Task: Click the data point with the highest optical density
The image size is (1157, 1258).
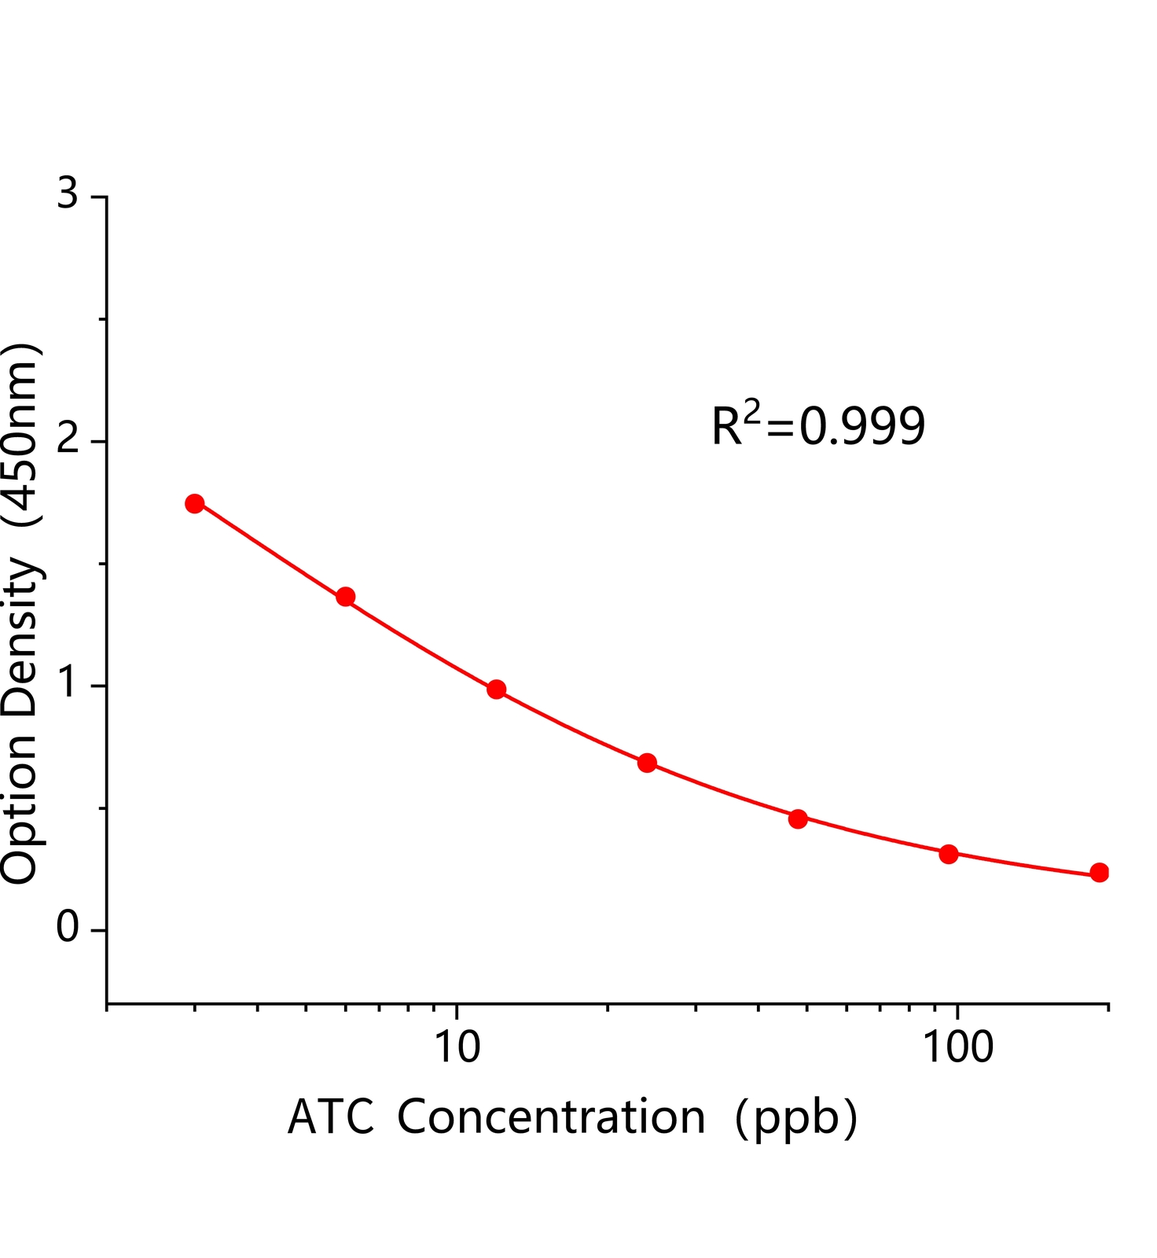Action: pos(195,503)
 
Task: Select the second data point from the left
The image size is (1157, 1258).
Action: pos(346,597)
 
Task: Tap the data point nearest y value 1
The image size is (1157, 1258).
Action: pos(497,690)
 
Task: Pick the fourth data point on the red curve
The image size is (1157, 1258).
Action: pos(647,763)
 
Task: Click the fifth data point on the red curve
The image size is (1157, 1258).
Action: pos(798,818)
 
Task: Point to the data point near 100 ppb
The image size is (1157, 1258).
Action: pos(949,854)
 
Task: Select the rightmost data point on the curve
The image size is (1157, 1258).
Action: pos(1100,873)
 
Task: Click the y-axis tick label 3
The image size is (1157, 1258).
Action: pos(68,193)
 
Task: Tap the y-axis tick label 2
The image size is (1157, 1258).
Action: pos(68,440)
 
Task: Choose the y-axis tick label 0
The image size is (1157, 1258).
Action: pos(68,928)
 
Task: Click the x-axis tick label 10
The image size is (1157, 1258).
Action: pos(457,1046)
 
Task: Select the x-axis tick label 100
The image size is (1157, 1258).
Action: pos(957,1046)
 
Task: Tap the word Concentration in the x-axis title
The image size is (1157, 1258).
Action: pos(551,1117)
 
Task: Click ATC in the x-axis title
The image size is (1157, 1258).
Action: pos(331,1117)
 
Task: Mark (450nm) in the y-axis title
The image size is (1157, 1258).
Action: pos(20,435)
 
